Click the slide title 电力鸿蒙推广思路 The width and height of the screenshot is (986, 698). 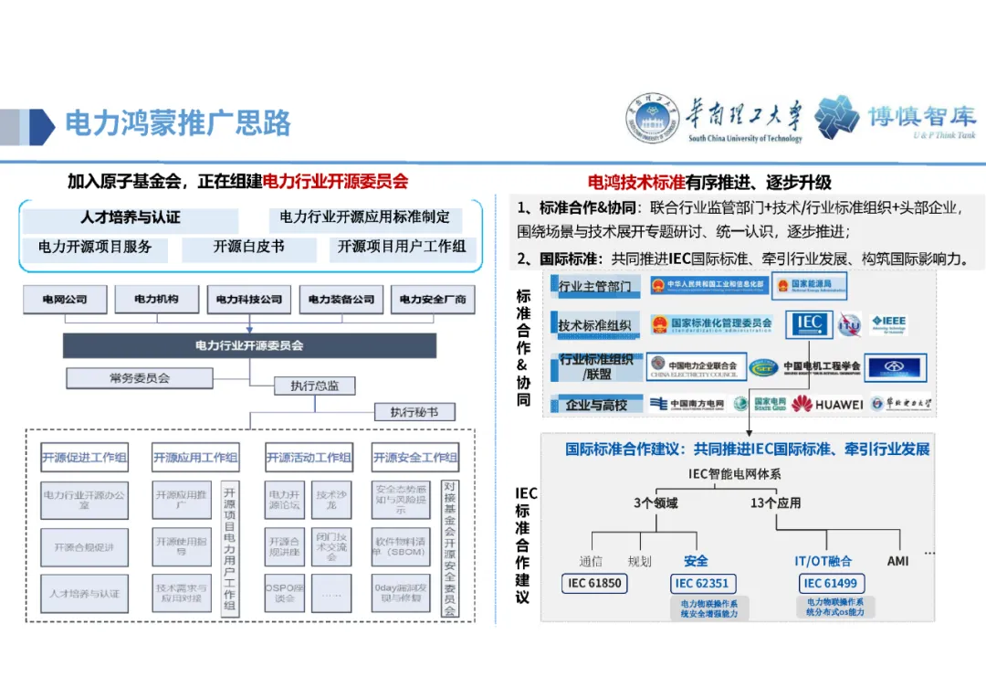pos(178,122)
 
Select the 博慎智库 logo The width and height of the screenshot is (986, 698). pos(895,119)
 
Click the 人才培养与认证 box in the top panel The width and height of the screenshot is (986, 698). pos(131,218)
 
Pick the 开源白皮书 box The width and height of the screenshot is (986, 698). pos(249,247)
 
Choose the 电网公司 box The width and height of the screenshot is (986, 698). pos(65,299)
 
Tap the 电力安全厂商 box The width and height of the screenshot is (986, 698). pos(433,299)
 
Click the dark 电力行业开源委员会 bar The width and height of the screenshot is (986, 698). pos(249,346)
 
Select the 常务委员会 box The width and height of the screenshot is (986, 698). pos(140,377)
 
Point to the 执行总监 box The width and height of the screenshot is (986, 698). pos(314,386)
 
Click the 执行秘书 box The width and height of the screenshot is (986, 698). pos(414,412)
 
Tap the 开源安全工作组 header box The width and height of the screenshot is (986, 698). pos(415,458)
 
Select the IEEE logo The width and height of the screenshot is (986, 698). pos(887,323)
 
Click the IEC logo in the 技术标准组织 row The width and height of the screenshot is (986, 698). pos(809,323)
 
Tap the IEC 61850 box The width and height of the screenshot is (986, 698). pos(594,583)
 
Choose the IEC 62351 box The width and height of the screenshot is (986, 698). pos(702,583)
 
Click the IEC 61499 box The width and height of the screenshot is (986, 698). pos(830,583)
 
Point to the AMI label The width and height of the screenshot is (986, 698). pos(898,560)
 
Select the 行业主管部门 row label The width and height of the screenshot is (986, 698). pos(594,286)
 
